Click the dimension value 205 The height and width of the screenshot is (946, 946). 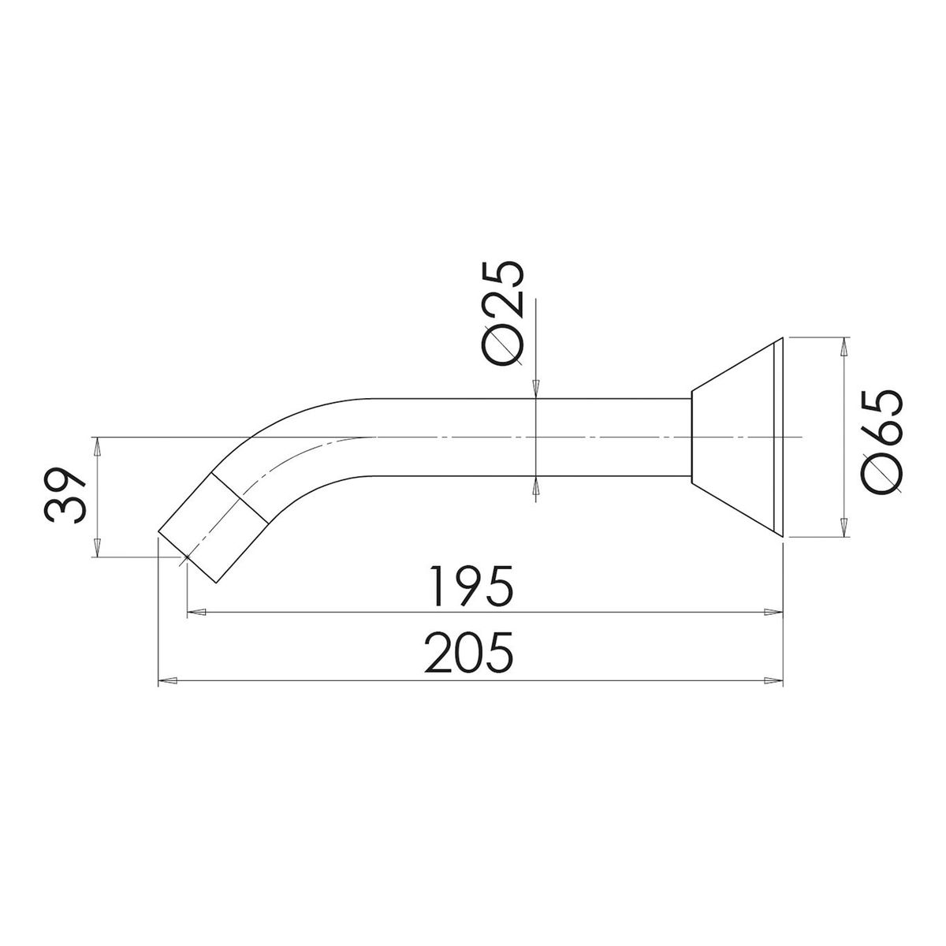point(469,653)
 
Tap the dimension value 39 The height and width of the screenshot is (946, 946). point(65,495)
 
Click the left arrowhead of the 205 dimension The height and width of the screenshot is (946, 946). point(167,680)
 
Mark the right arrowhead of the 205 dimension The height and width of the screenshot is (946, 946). point(773,680)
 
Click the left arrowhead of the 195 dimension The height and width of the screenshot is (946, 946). point(196,613)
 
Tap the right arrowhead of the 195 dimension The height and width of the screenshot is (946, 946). point(773,613)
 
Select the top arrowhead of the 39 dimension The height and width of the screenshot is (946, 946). point(98,445)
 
